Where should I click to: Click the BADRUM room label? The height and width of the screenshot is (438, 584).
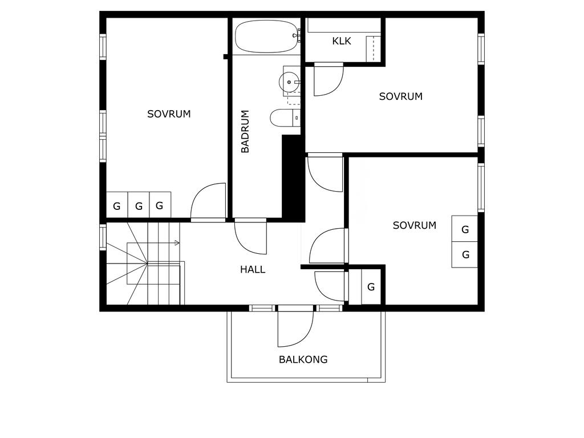[245, 132]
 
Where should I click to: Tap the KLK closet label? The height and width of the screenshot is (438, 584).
[342, 41]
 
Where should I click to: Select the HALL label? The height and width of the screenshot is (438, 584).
[253, 269]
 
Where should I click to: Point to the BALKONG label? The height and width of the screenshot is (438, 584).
[303, 359]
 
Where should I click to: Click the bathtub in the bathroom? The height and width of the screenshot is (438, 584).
[267, 36]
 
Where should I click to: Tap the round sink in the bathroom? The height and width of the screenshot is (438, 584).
[289, 82]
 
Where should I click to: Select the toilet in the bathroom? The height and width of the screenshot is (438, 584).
[285, 117]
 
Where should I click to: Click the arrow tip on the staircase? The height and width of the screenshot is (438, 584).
[179, 243]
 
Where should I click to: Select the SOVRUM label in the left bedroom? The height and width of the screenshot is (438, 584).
[169, 114]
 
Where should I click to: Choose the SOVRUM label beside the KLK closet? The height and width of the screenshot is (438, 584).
[401, 96]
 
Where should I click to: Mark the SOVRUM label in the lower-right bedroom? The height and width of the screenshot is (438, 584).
[415, 225]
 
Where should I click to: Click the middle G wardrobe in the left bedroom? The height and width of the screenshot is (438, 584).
[139, 205]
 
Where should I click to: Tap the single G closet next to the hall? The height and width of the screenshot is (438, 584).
[371, 287]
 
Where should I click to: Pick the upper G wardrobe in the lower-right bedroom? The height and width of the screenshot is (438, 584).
[464, 229]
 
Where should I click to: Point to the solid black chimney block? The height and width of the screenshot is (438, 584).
[294, 179]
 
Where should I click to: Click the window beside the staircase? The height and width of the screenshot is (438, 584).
[103, 237]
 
